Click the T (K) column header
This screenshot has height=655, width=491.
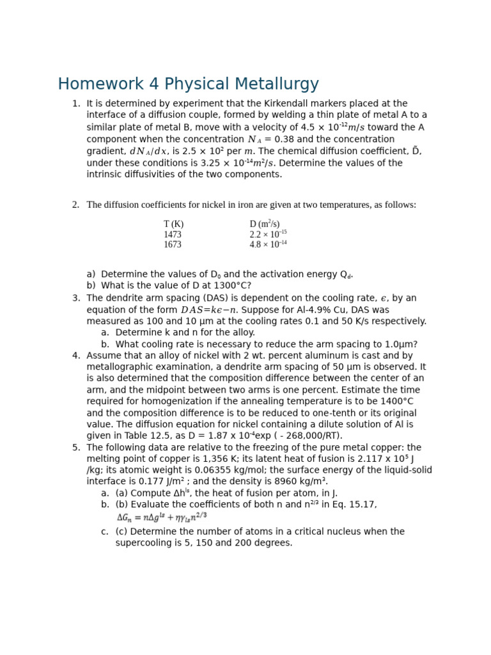click(x=173, y=225)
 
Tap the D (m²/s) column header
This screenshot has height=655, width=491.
click(x=264, y=224)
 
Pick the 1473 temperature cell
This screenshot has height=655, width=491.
click(x=173, y=235)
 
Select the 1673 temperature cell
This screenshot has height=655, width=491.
click(x=173, y=245)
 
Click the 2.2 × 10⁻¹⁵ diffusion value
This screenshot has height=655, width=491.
click(x=268, y=235)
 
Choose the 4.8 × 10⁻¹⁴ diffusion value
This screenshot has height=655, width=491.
click(x=268, y=245)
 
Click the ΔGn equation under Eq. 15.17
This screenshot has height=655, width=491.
click(x=162, y=517)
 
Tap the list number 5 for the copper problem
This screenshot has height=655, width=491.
click(x=75, y=448)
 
